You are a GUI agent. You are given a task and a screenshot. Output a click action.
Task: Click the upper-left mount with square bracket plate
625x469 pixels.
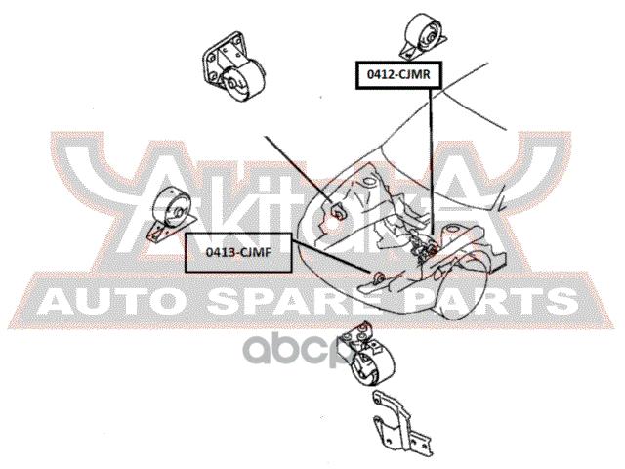click(232, 70)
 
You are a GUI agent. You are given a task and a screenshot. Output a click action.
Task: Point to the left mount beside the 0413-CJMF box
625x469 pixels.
click(169, 218)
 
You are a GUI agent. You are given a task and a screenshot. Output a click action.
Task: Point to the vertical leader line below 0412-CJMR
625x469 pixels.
click(431, 166)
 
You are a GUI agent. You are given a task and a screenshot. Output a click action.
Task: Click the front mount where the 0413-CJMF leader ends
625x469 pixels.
click(372, 277)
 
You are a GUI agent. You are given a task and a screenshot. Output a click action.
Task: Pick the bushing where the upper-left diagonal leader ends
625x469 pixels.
click(337, 209)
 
